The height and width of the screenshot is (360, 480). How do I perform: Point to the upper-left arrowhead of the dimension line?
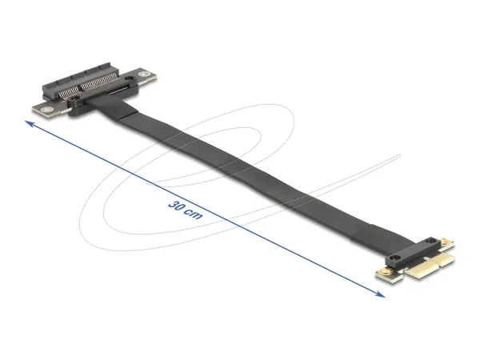click(29, 122)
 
